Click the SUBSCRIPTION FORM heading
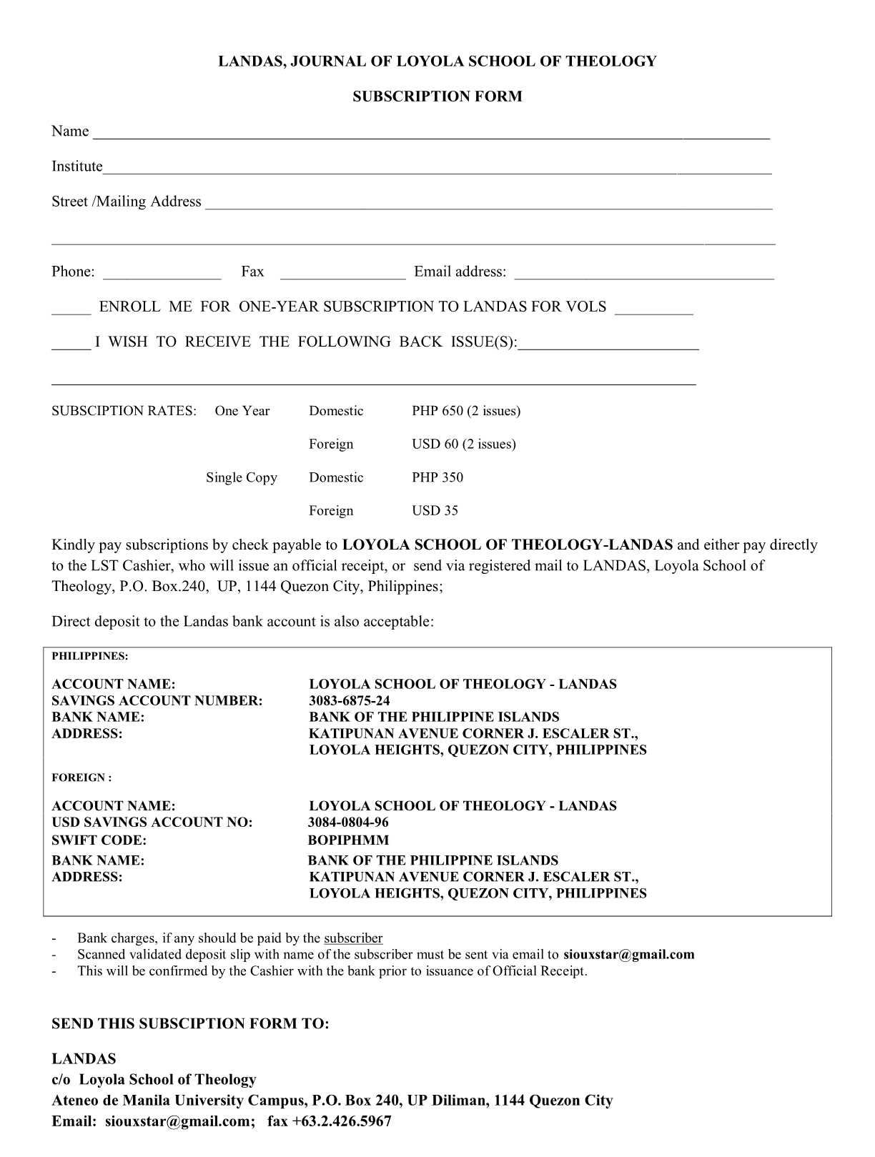point(437,96)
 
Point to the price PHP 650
point(437,411)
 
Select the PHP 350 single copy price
point(437,477)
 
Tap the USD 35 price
point(435,510)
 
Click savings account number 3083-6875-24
point(350,700)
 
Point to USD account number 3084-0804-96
point(349,822)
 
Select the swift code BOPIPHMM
point(349,840)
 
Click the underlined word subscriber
point(353,938)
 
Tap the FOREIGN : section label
point(81,778)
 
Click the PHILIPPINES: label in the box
point(89,656)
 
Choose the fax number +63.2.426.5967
point(340,1121)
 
